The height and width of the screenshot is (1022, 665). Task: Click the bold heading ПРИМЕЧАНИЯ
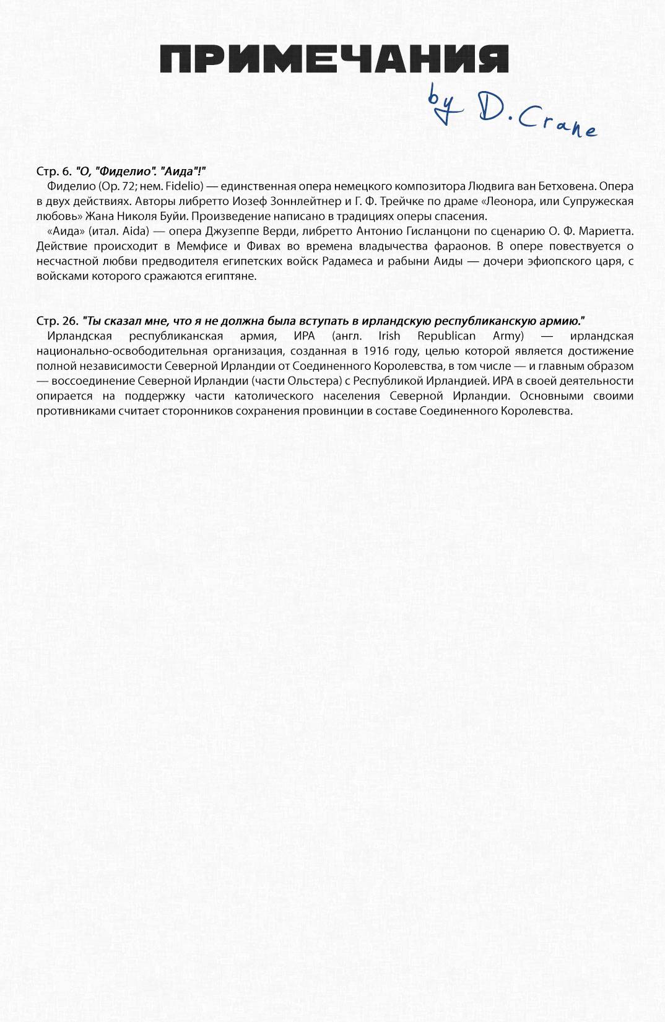point(334,59)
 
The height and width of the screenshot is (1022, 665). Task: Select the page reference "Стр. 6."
point(54,171)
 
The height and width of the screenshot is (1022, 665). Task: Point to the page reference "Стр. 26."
point(57,321)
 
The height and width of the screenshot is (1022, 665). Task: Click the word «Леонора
point(485,201)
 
